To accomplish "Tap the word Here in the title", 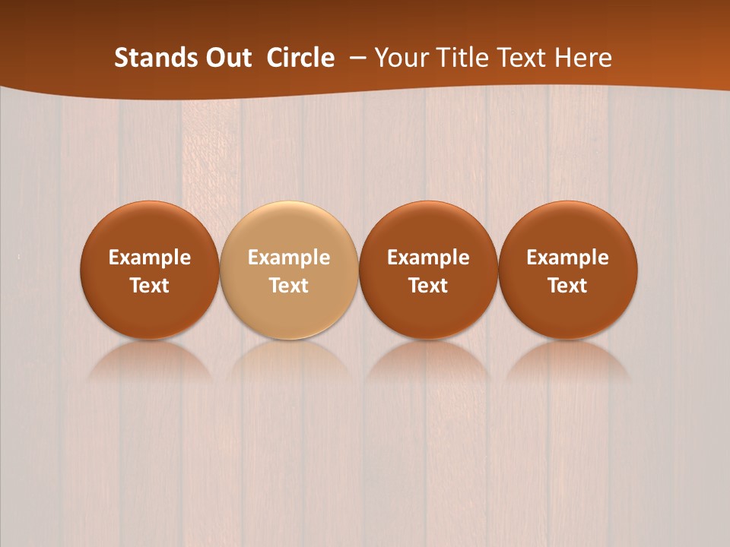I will (x=582, y=58).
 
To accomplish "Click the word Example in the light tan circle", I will (x=289, y=258).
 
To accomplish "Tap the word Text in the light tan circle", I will (x=289, y=286).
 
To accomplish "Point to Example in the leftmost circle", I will (x=150, y=258).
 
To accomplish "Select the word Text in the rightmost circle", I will (x=568, y=286).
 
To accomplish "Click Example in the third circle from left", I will (x=428, y=258).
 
